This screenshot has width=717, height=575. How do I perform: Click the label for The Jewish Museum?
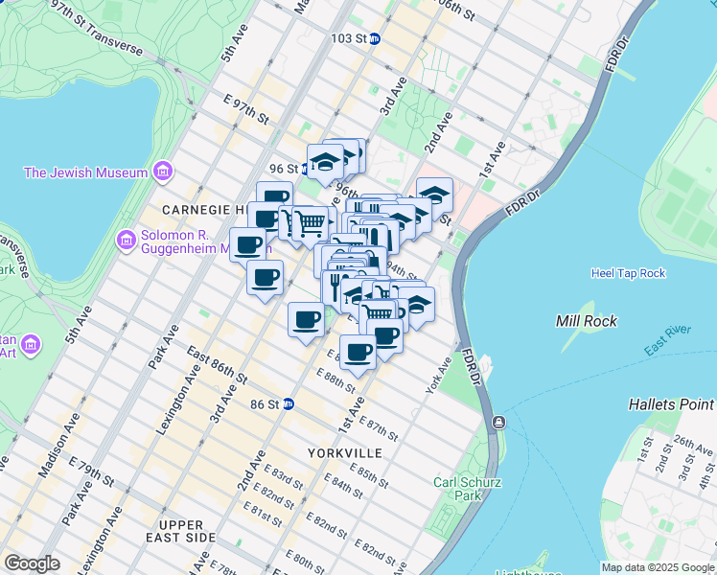[x=86, y=172]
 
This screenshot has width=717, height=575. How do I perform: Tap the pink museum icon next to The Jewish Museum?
[x=162, y=172]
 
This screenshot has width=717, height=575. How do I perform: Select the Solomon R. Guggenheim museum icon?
[x=126, y=238]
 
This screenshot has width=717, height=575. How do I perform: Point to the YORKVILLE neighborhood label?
[x=345, y=452]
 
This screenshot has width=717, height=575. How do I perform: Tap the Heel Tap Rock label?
[x=628, y=273]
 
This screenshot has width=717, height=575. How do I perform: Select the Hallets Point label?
[x=671, y=404]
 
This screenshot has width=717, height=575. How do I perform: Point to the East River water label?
[x=667, y=341]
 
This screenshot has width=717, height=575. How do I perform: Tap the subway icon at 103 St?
[x=376, y=39]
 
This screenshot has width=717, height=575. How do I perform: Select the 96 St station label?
[x=284, y=169]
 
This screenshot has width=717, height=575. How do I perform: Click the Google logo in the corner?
[x=32, y=563]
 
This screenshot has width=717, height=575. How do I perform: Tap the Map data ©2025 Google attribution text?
[x=657, y=567]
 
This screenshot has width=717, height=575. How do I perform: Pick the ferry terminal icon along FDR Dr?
[x=499, y=423]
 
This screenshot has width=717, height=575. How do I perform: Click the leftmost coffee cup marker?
[x=247, y=244]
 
